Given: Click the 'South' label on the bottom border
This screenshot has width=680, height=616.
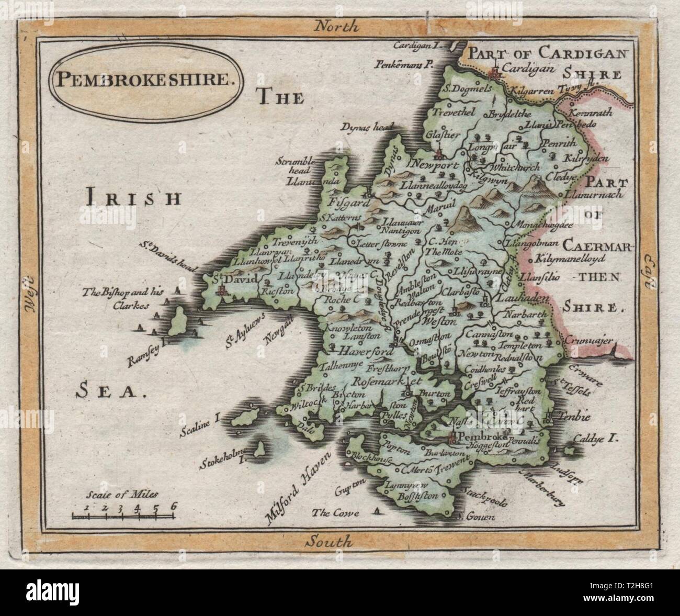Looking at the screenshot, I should point(330,542).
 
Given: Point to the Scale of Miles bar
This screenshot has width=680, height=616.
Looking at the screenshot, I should point(123,517).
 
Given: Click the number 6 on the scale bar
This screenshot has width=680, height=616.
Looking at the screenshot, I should point(173,506).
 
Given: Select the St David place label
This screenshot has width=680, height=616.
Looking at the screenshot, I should point(235,281).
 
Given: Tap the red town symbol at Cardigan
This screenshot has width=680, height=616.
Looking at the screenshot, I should point(494,74).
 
